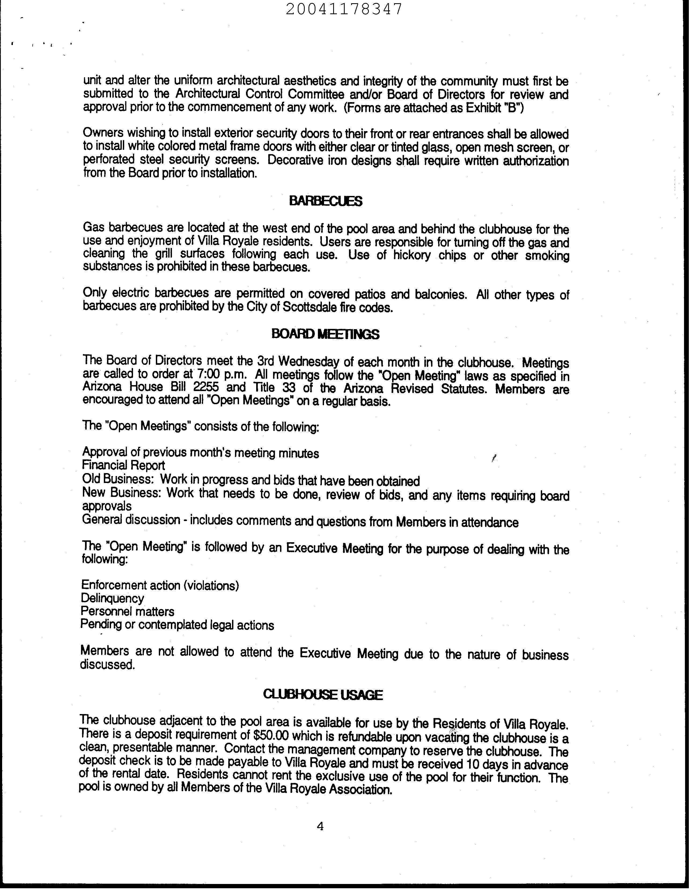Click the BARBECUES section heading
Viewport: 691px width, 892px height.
(325, 201)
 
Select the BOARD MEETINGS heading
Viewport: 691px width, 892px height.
(325, 334)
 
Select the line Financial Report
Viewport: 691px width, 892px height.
(123, 465)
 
